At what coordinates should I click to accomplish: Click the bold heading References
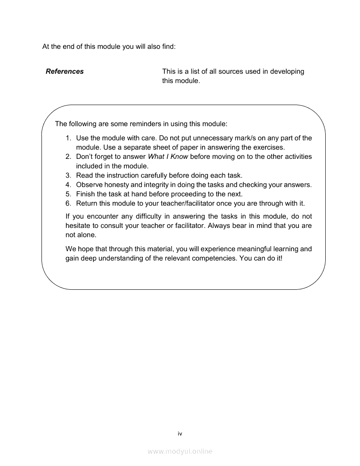(65, 72)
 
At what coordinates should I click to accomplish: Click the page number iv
(180, 433)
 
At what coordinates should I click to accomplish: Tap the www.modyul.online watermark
(180, 452)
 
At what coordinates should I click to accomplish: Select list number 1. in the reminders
(68, 138)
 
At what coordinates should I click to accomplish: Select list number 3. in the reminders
(68, 175)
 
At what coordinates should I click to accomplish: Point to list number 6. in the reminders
(68, 203)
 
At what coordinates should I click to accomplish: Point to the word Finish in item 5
(86, 194)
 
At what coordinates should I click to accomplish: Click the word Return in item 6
(87, 203)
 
